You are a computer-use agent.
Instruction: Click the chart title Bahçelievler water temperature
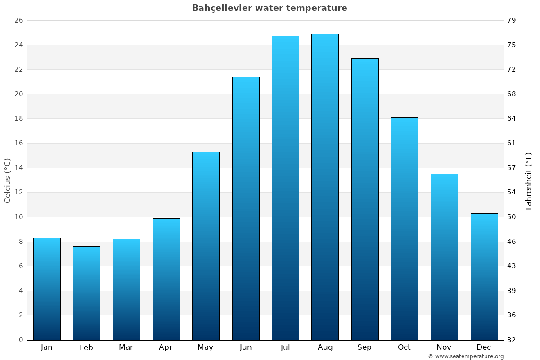point(270,8)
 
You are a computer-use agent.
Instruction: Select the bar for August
point(325,187)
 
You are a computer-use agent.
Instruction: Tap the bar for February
point(86,293)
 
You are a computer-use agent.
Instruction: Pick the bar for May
point(206,246)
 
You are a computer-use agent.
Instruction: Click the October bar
point(405,229)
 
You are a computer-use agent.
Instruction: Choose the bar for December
point(484,276)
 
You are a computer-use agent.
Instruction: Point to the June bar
point(246,208)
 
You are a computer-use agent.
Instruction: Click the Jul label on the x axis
point(285,347)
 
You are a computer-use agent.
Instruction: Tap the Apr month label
point(166,347)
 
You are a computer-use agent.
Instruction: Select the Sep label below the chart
point(364,347)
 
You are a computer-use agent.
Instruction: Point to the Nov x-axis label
point(444,347)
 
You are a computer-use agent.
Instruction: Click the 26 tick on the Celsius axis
point(18,21)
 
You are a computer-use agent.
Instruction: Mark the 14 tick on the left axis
point(18,168)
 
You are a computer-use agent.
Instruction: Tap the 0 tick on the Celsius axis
point(21,340)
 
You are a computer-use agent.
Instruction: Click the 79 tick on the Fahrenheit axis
point(512,21)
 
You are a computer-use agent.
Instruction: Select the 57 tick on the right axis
point(512,168)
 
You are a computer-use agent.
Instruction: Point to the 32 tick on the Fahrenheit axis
point(512,340)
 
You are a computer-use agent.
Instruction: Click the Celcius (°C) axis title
point(8,180)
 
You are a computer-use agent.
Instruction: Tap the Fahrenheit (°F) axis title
point(528,180)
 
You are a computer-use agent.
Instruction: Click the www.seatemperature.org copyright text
point(466,356)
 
